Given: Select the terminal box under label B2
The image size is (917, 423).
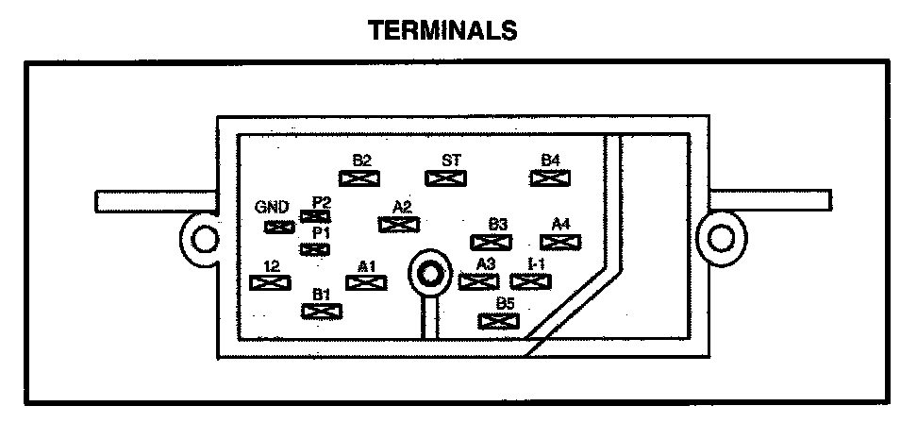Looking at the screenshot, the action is pos(359,177).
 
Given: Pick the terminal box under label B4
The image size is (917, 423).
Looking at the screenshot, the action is pos(548,177).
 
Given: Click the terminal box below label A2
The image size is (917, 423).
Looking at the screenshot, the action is pos(398,224).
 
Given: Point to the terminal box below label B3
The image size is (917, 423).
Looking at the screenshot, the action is pos(492,241).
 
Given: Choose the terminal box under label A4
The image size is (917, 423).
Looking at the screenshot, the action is pos(559,241).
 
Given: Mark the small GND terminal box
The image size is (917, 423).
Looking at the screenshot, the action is pos(278,227).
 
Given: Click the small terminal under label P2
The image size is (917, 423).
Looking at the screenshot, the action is pos(314,216).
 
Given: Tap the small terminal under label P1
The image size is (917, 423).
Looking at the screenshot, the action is pos(314,248).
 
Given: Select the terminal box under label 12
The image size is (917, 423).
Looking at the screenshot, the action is pos(270,281).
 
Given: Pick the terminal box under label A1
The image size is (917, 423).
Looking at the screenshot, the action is pos(367,281).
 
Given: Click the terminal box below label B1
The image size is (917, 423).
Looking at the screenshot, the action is pos(321,311).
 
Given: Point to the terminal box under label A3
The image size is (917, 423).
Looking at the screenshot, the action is pos(478,280).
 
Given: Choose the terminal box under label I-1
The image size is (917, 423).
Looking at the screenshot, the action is pos(530,280).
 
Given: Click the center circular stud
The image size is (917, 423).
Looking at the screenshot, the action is pos(431,274).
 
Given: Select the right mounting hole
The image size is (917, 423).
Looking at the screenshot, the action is pos(720,237).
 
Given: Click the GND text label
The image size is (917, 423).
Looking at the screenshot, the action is pos(272,208).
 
